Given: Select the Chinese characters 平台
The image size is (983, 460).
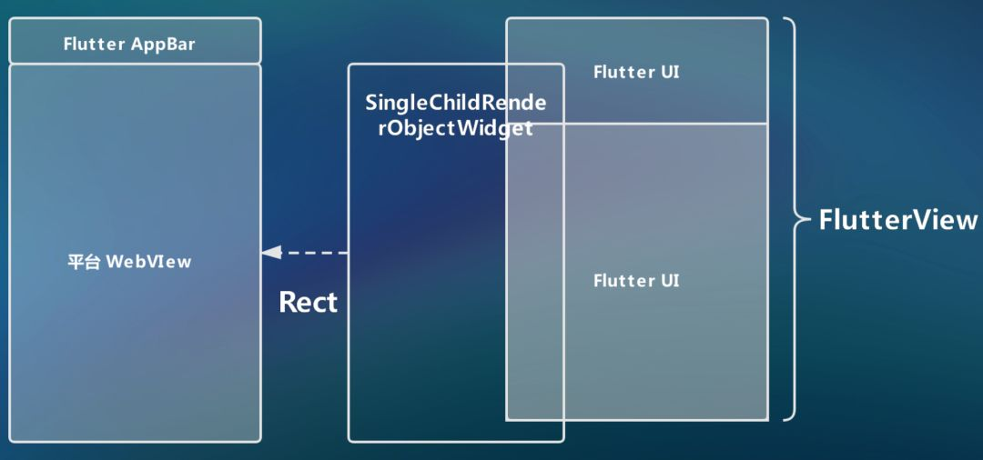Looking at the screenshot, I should (84, 262).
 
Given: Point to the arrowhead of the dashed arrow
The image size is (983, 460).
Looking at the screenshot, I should (270, 253).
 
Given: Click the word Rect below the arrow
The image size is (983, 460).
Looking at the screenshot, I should (308, 302).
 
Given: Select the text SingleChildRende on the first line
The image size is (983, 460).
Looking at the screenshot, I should (456, 103).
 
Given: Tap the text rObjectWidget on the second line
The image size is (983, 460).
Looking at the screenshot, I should (456, 128).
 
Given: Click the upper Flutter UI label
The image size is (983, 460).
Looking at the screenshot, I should (636, 72).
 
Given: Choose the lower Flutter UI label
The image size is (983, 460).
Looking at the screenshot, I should (636, 281).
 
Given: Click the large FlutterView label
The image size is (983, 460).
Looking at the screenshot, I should (898, 220).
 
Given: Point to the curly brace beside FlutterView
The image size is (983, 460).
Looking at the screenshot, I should (794, 218).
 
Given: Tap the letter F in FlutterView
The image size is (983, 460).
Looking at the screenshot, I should (826, 220).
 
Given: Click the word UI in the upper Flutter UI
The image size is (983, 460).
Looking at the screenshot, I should (669, 72).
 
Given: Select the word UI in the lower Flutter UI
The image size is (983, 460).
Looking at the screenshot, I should (669, 281).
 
